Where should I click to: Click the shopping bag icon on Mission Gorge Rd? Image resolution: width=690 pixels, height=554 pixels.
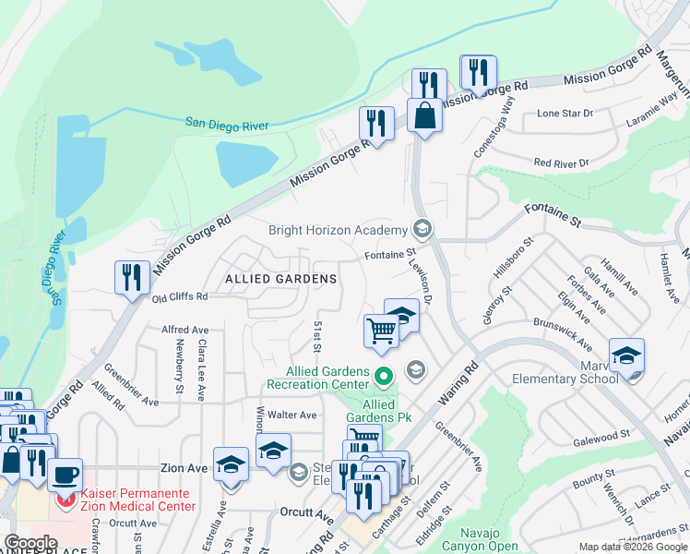(x=424, y=116)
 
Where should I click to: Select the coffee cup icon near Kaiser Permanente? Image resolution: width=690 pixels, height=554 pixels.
(x=65, y=476)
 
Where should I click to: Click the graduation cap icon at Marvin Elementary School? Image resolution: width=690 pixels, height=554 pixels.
(x=626, y=355)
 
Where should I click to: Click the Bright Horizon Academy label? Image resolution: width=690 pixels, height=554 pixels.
(x=338, y=230)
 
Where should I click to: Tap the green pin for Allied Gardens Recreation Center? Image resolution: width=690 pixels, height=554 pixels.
(x=385, y=375)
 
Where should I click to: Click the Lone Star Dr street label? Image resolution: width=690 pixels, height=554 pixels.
(x=565, y=114)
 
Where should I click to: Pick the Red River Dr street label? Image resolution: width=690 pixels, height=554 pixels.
(x=561, y=163)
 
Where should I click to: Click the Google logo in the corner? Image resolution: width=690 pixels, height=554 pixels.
(x=30, y=543)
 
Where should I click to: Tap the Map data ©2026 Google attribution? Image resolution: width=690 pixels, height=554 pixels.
(x=632, y=547)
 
